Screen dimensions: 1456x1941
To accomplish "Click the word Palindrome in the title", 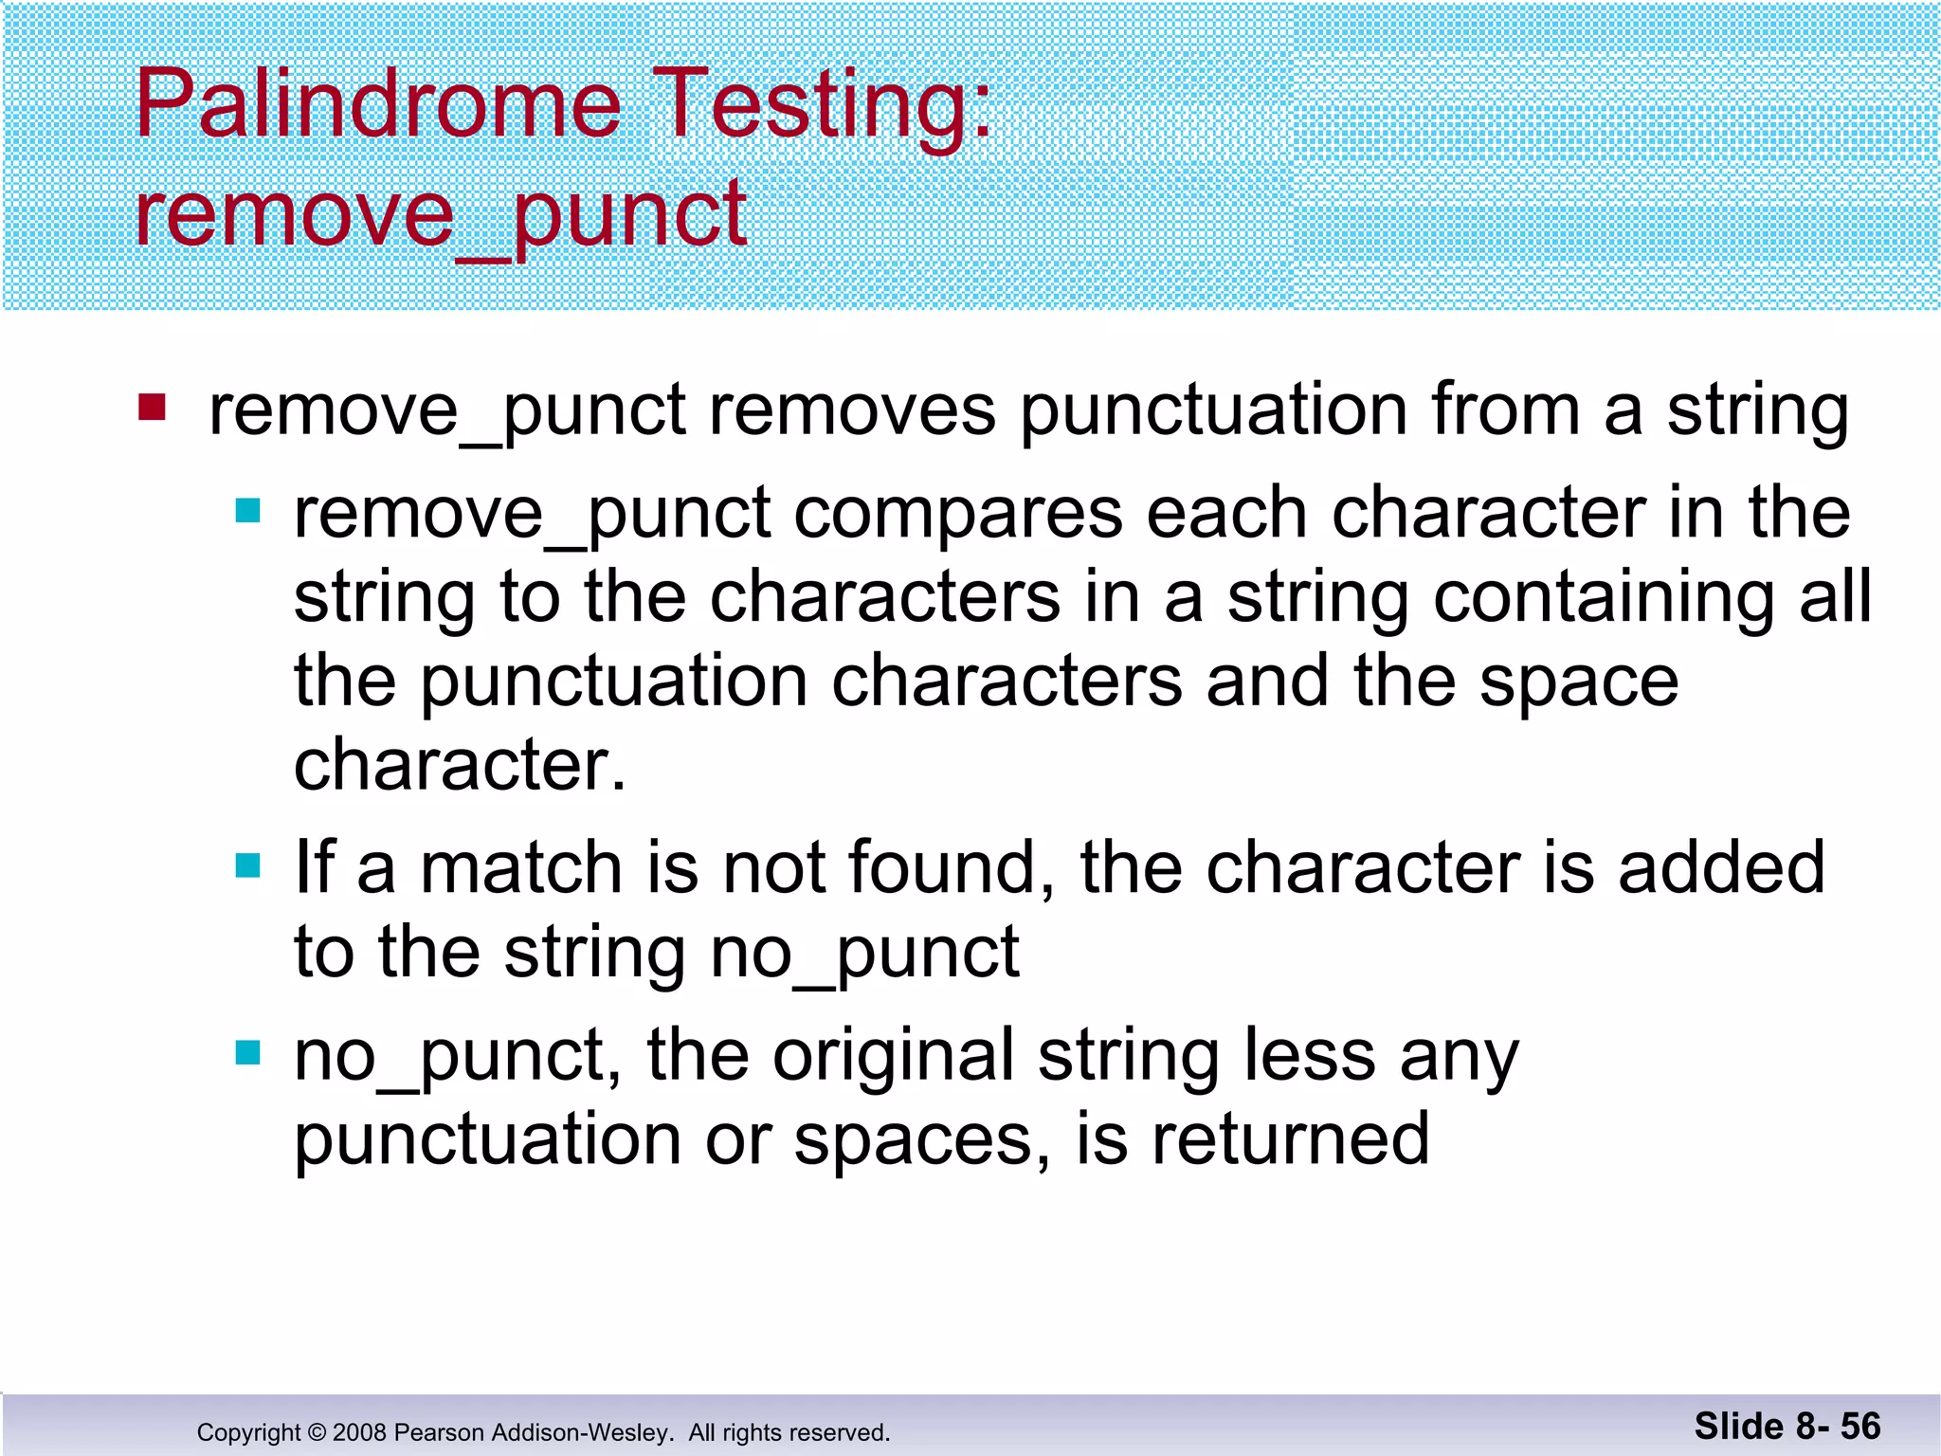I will pos(377,104).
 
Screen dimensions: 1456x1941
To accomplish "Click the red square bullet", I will pos(153,408).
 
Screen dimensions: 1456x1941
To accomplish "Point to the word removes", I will pos(852,410).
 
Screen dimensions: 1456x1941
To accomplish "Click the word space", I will pos(1579,682).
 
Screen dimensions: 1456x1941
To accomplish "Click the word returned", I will pos(1290,1139).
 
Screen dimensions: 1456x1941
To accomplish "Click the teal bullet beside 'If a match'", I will pos(248,865).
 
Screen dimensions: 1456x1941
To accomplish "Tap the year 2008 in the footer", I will pos(359,1432).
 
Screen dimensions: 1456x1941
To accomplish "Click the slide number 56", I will pos(1860,1427).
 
